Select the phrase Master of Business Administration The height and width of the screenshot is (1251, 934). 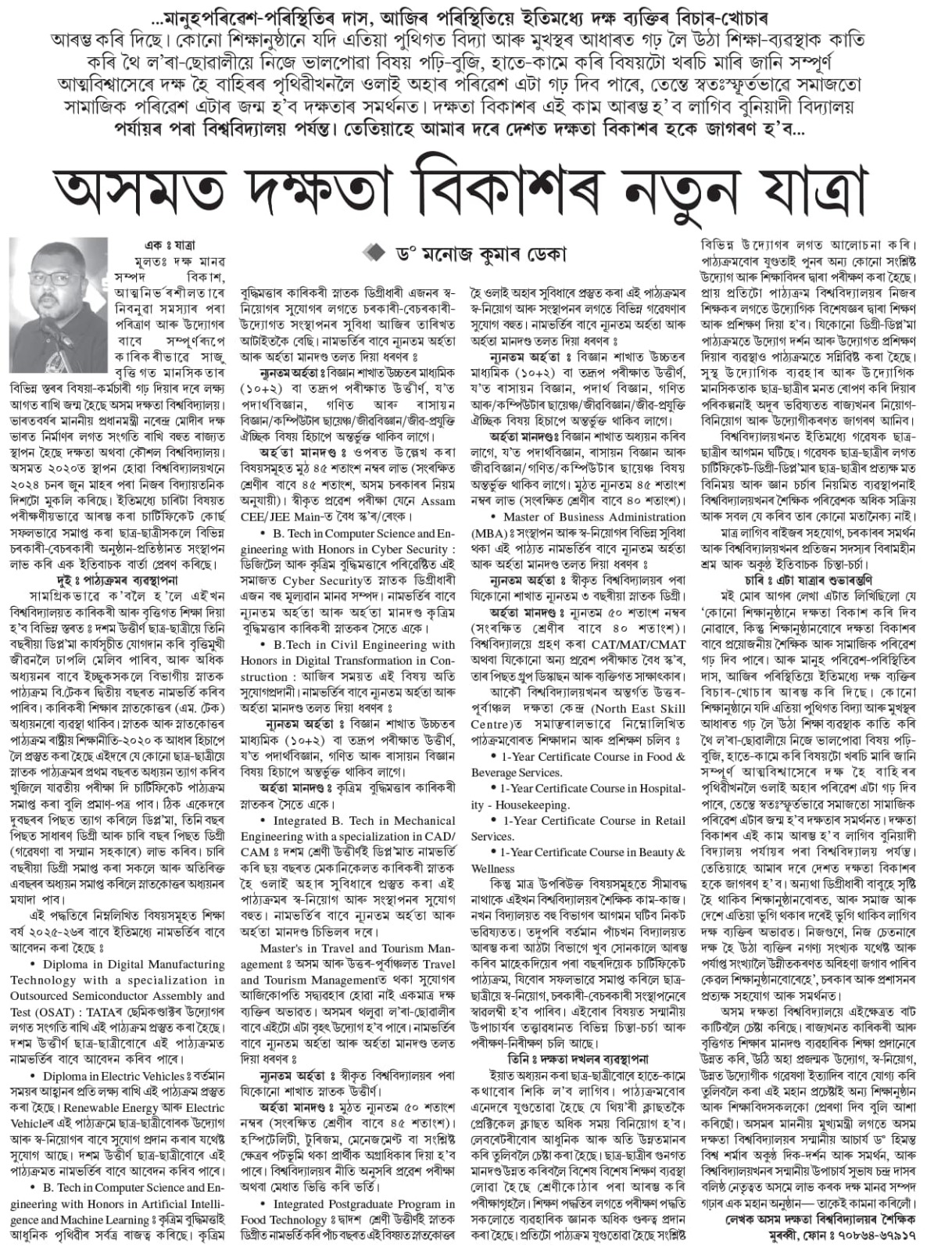point(594,517)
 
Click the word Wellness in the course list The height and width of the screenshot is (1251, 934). point(493,868)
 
